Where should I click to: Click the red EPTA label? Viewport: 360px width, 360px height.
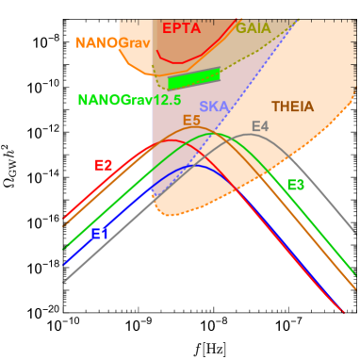coord(181,28)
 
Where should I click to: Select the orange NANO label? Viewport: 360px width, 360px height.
coord(96,43)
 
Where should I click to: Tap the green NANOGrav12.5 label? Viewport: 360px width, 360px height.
coord(129,100)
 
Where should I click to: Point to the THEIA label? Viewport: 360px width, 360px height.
coord(292,107)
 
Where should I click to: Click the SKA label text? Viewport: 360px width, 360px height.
coord(213,107)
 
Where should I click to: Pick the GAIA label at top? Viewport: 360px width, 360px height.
coord(253,28)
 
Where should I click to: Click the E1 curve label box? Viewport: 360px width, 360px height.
coord(100,234)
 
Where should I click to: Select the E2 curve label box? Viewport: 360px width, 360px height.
coord(104,165)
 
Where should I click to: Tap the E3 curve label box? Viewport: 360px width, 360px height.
coord(296,185)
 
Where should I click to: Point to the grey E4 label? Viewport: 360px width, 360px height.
coord(260,126)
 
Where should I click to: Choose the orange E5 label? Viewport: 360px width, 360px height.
coord(191,121)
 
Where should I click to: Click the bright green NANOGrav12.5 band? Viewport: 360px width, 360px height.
coord(194,78)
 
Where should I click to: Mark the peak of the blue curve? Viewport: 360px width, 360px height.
coord(194,166)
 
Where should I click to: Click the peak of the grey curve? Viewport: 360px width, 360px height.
coord(249,135)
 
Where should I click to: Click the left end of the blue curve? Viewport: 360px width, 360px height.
coord(64,265)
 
